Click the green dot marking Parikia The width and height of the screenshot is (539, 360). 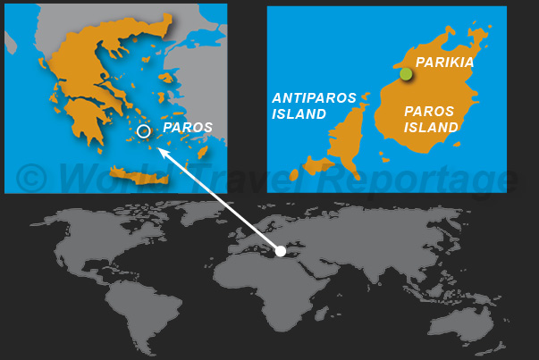[406, 74]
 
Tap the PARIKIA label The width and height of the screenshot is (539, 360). [444, 63]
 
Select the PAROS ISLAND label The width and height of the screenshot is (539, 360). [431, 120]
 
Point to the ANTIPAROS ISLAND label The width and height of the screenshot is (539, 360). [314, 105]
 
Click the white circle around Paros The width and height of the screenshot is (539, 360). [144, 131]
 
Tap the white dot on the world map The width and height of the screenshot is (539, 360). [280, 251]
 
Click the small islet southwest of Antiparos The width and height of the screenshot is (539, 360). [314, 165]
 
